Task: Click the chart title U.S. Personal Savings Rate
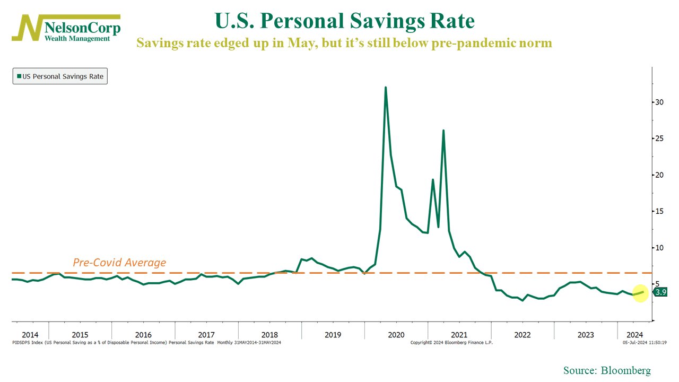point(344,21)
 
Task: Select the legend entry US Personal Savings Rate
point(60,76)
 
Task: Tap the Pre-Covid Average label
point(119,263)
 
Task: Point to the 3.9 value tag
point(660,292)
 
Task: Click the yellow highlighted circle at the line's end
point(640,292)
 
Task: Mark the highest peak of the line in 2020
point(385,88)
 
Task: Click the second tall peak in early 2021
point(443,131)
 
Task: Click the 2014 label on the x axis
point(30,335)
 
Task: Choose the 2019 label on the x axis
point(333,335)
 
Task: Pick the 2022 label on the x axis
point(522,335)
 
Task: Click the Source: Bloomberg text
point(607,370)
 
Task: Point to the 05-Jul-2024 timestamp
point(645,343)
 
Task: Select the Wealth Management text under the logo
point(77,38)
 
